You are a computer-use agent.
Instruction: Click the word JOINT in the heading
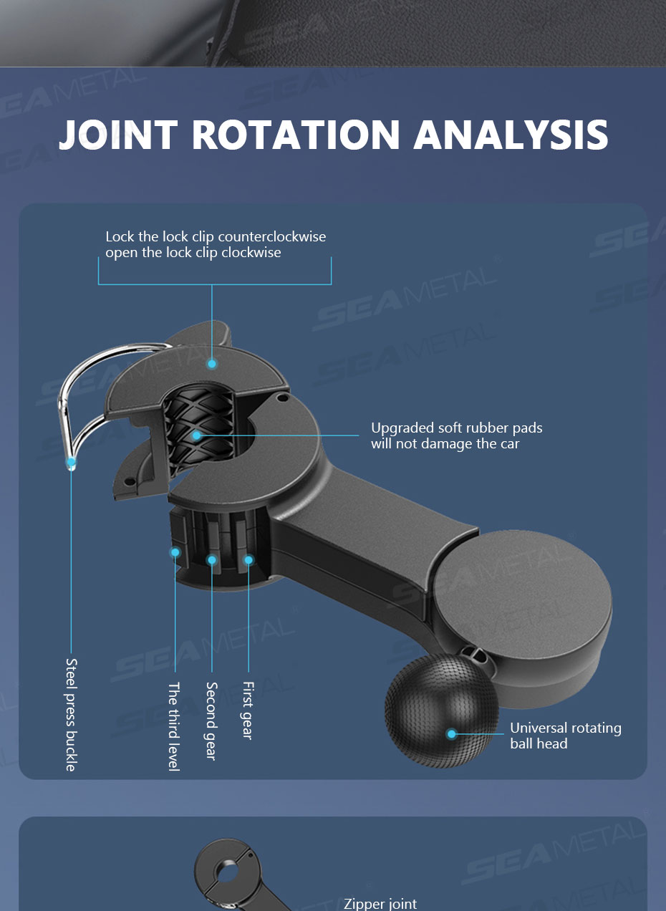(x=118, y=134)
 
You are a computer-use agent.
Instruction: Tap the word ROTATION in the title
(x=296, y=134)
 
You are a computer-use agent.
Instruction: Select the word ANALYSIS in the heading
(x=511, y=134)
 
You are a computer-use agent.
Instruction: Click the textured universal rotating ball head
(x=442, y=710)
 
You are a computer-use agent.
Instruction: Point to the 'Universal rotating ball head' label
(x=566, y=736)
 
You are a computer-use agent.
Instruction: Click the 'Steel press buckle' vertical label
(x=71, y=715)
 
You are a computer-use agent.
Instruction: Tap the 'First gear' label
(x=248, y=710)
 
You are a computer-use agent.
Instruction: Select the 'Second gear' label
(x=211, y=721)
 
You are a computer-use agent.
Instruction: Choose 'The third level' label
(x=174, y=726)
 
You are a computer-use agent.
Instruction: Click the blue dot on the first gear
(x=248, y=560)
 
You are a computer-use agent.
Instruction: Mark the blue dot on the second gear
(x=212, y=560)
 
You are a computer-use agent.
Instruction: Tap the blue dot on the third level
(x=175, y=552)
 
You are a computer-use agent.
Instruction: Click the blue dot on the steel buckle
(x=72, y=462)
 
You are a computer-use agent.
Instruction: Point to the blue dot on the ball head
(x=451, y=733)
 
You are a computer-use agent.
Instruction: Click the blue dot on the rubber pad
(x=196, y=435)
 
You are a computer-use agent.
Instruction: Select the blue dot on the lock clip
(x=212, y=364)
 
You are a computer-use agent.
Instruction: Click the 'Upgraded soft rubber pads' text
(x=457, y=428)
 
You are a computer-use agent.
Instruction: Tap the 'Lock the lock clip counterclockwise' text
(x=216, y=236)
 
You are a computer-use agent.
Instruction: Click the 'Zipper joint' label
(x=380, y=904)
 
